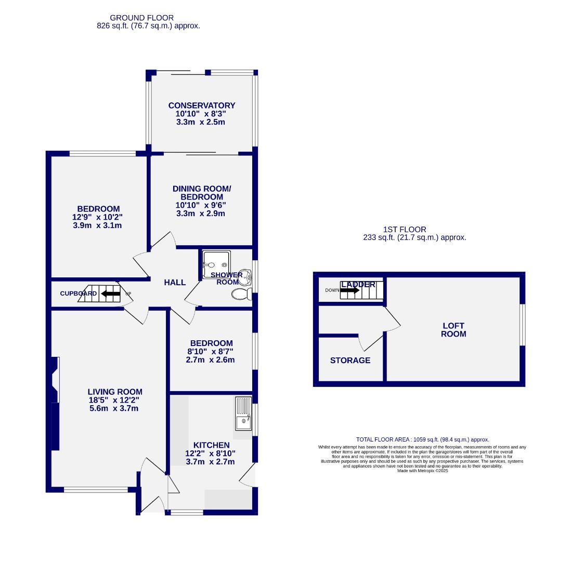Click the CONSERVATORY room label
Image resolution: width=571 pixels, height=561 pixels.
pyautogui.click(x=202, y=105)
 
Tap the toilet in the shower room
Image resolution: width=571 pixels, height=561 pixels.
pyautogui.click(x=241, y=295)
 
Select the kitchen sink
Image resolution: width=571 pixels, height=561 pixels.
pyautogui.click(x=243, y=414)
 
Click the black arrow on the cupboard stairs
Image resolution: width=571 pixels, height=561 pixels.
pyautogui.click(x=110, y=293)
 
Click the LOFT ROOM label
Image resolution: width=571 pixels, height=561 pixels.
pyautogui.click(x=453, y=330)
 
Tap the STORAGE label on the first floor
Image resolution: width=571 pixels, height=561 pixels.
pyautogui.click(x=350, y=360)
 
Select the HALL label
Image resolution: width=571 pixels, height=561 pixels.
pyautogui.click(x=175, y=283)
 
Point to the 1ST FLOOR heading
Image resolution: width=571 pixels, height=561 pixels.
pyautogui.click(x=405, y=229)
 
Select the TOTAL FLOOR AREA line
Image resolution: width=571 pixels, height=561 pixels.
pyautogui.click(x=422, y=439)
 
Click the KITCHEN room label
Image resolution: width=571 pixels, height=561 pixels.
pyautogui.click(x=211, y=445)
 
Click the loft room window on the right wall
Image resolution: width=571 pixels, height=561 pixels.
pyautogui.click(x=522, y=325)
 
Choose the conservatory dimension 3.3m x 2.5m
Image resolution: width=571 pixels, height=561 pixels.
pyautogui.click(x=200, y=122)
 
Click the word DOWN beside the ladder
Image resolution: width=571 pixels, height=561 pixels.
pyautogui.click(x=331, y=290)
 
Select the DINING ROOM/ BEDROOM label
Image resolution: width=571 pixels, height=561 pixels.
pyautogui.click(x=201, y=193)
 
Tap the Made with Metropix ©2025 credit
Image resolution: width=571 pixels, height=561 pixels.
pyautogui.click(x=422, y=471)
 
